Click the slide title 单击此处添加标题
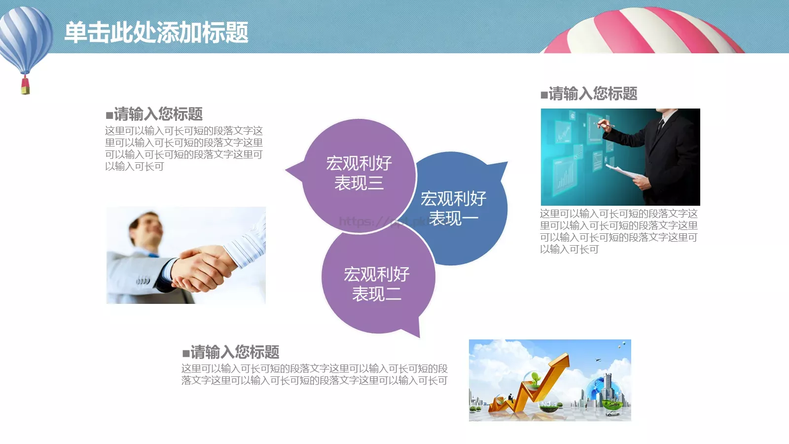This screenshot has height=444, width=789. [156, 33]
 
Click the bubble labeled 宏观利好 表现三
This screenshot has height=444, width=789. [359, 173]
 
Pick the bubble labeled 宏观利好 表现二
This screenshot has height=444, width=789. [377, 283]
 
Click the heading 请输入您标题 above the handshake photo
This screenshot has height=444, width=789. [158, 114]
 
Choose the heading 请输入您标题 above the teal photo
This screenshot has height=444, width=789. [593, 94]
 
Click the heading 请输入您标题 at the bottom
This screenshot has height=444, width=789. [235, 352]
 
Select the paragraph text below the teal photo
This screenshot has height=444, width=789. [618, 231]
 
